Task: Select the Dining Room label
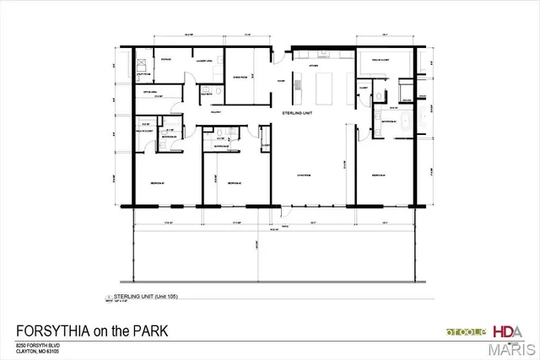tap(240, 77)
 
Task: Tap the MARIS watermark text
tap(513, 348)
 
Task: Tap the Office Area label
tap(147, 93)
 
